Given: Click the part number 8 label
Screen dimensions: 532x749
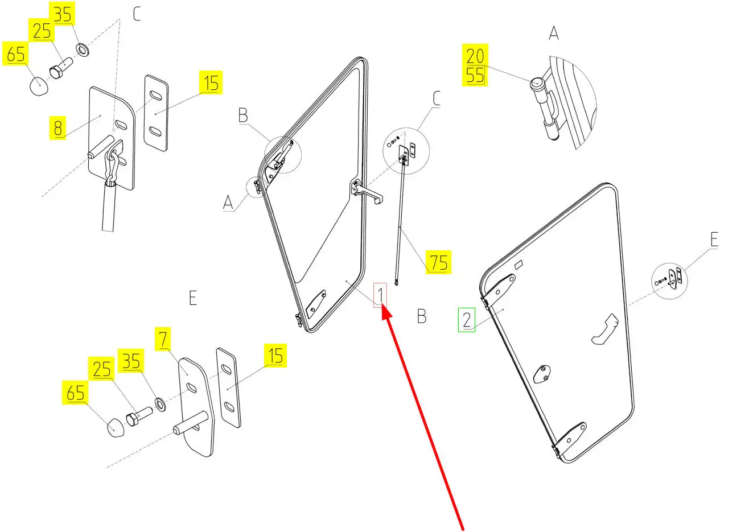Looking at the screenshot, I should click(x=58, y=127).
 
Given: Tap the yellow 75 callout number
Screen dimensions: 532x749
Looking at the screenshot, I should click(x=439, y=263).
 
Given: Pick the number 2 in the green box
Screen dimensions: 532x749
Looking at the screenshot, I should click(x=467, y=320).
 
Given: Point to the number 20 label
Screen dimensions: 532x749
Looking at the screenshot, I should click(x=475, y=56).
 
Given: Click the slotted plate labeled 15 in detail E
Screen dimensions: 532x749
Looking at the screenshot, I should click(x=228, y=387).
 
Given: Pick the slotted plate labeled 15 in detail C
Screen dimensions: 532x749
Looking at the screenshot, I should click(x=156, y=113).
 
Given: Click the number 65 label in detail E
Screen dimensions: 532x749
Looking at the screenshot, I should click(x=76, y=393).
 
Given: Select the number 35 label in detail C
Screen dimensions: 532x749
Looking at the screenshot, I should click(x=63, y=14).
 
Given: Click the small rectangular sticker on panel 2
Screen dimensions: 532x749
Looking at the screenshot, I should click(x=518, y=265).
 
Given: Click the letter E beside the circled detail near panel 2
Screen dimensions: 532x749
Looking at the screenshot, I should click(x=713, y=240).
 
